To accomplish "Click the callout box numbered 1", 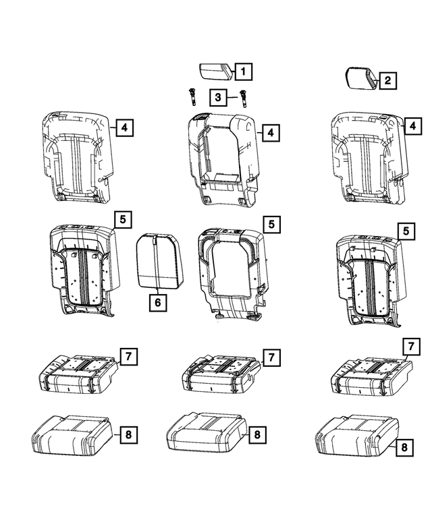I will coord(243,70).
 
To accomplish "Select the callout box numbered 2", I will coord(387,82).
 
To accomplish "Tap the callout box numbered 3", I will coord(218,98).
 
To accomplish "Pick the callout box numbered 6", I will coord(157,303).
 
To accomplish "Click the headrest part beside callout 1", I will coord(215,71).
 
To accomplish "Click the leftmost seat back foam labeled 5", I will coord(82,269).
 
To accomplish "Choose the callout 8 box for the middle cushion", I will coord(257,436).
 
